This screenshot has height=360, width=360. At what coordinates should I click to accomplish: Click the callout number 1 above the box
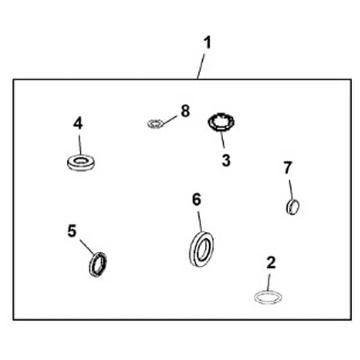pos(208,43)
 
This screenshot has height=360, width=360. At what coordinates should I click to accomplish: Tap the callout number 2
pos(271,262)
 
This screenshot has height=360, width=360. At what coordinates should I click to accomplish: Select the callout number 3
pos(226,160)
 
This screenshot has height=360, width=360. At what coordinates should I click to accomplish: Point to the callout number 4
pos(78,123)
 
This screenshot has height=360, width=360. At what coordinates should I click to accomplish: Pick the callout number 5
pos(72,231)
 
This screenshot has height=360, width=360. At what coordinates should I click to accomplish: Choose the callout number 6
pos(197,199)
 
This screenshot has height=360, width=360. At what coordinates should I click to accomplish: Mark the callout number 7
pos(287,167)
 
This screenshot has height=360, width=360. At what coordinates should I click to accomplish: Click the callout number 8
pos(185,111)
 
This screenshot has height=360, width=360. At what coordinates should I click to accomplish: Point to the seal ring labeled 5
pos(91,265)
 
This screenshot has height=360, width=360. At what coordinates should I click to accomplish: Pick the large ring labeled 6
pos(192,250)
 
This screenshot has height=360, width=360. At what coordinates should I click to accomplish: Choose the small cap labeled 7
pos(288,207)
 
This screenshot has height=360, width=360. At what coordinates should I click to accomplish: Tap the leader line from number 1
pos(201,67)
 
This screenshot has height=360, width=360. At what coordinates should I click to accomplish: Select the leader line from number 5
pos(87,247)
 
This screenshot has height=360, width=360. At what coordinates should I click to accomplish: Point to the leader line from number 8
pos(170,120)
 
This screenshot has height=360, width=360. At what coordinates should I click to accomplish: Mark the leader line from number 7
pos(291,190)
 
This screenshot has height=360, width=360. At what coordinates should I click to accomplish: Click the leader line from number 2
pos(269,283)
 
